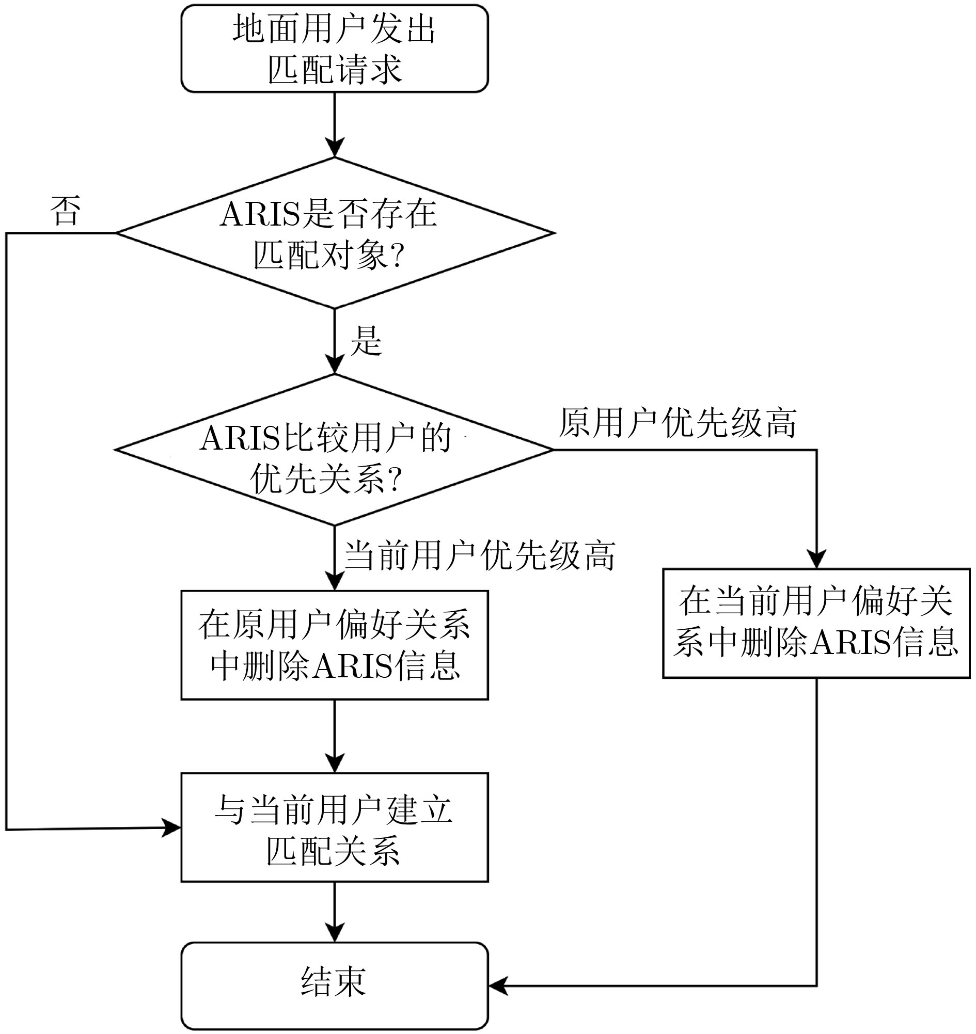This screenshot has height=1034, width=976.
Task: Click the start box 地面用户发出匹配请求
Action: point(335,49)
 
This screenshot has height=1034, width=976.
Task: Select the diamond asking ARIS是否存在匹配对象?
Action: point(335,233)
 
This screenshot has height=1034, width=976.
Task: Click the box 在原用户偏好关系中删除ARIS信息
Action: point(335,645)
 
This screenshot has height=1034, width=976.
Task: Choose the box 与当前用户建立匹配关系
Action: point(335,828)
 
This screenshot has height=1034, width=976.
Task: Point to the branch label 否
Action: point(66,211)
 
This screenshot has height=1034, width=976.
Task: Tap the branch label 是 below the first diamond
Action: point(367,341)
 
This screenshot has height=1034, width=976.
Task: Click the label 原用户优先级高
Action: point(678,423)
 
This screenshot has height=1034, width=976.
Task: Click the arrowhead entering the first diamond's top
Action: point(335,148)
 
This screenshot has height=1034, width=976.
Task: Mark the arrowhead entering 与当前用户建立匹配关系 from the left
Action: point(171,828)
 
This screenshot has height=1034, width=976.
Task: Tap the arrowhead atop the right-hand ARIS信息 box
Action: point(816,560)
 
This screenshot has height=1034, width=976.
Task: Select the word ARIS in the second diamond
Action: point(240,438)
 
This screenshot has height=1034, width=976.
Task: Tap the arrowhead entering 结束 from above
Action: point(335,932)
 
